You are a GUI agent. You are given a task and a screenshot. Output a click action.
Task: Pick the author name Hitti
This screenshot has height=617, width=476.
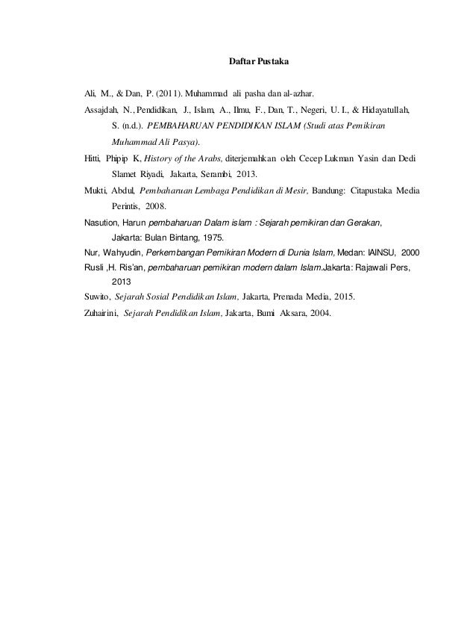[x=92, y=158]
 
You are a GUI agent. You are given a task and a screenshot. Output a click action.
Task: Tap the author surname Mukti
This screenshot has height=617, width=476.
[x=95, y=190]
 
